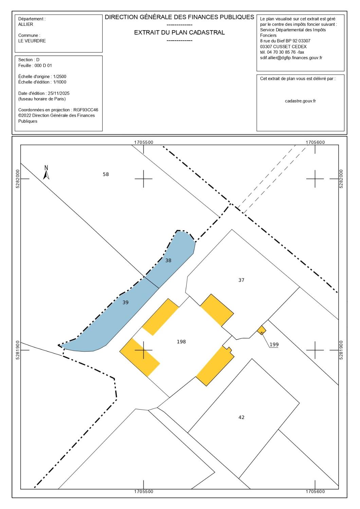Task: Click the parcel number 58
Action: click(106, 174)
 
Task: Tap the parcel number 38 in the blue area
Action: click(168, 260)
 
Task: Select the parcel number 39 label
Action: click(126, 302)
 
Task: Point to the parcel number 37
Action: click(241, 280)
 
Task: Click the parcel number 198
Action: click(181, 341)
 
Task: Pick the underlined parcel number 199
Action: click(274, 344)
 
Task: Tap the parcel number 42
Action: click(241, 417)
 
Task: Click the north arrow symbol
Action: click(46, 172)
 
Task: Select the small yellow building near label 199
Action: click(262, 330)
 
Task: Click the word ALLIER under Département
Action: click(26, 24)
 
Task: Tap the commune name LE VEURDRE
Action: click(32, 41)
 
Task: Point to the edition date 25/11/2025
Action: click(59, 93)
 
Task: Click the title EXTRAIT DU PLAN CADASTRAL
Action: click(179, 33)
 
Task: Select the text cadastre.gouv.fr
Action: click(300, 101)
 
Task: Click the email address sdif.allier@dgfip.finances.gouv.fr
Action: click(291, 58)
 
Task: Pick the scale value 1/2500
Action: click(60, 77)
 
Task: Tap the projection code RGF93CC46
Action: click(86, 110)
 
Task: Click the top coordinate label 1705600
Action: click(315, 142)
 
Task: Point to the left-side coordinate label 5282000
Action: click(18, 179)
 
